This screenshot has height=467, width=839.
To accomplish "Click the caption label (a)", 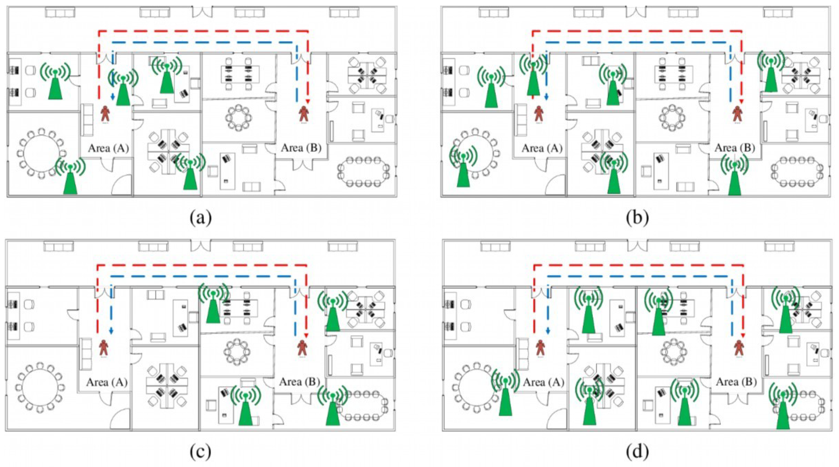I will click(x=201, y=218).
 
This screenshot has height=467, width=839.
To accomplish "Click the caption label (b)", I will click(x=637, y=218).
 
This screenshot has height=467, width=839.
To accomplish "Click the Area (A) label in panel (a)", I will click(x=109, y=148).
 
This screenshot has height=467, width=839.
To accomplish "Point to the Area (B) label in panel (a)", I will click(x=301, y=148).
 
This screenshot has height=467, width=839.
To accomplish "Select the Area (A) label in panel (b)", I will click(x=542, y=148).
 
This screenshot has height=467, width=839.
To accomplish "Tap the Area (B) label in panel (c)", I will click(x=300, y=382).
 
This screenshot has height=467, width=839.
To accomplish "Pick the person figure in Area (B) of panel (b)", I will click(x=737, y=115).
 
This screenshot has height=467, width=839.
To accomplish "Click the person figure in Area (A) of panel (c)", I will click(x=104, y=348).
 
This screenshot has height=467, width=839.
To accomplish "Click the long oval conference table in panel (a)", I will click(x=364, y=172).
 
